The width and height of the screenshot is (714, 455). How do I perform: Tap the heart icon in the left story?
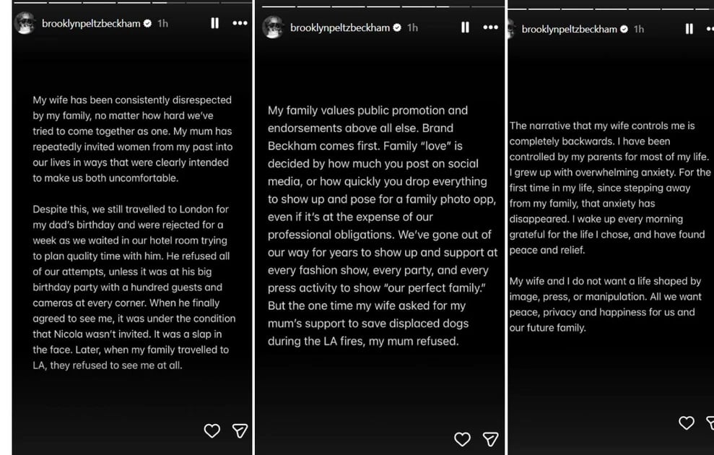point(212,430)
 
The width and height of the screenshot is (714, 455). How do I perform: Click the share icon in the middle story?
point(490,439)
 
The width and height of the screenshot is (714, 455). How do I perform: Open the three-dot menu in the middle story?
point(490,27)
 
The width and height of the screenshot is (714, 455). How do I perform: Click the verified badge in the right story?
point(624,30)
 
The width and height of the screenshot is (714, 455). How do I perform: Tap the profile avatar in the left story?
point(25,23)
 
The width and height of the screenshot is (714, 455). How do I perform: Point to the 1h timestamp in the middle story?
point(412,27)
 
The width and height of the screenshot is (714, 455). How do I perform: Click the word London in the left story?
point(213,209)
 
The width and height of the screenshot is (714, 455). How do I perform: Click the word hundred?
point(142,287)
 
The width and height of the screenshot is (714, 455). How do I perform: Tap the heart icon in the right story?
point(687,423)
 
